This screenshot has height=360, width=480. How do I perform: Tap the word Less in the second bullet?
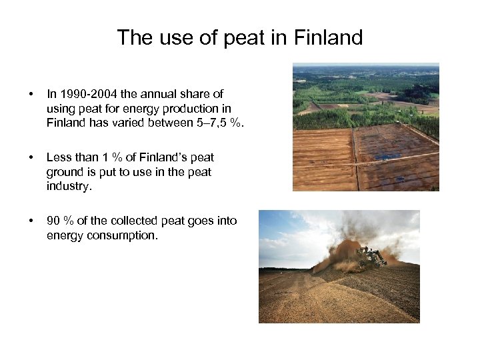(x=59, y=157)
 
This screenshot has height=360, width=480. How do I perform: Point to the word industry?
(x=69, y=185)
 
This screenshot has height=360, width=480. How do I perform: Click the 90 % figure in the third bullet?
(x=60, y=221)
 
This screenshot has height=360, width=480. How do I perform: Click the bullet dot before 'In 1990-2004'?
(x=23, y=95)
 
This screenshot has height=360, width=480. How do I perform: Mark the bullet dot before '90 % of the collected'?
(x=23, y=221)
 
